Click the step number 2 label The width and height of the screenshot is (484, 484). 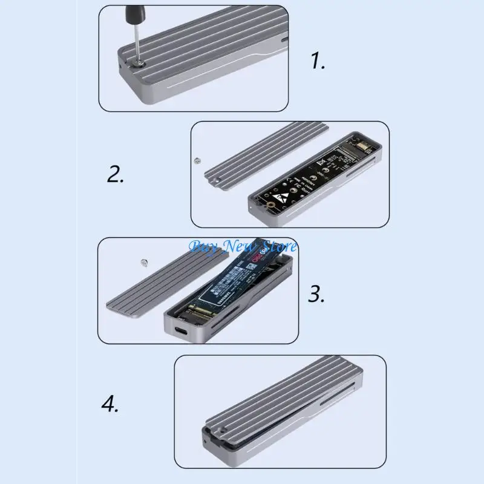point(116,174)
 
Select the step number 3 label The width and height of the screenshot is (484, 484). point(316,295)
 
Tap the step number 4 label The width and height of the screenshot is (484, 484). point(110,404)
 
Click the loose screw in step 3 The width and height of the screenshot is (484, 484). point(144,262)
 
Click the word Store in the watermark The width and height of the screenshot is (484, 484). point(276,246)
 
